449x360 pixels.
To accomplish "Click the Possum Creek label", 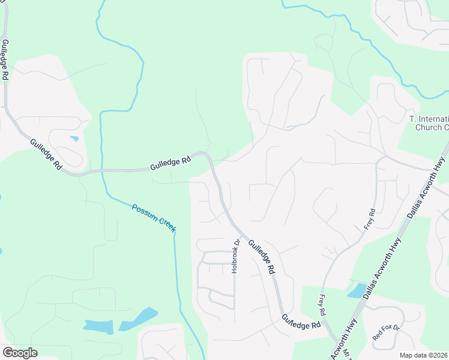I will coord(154,217).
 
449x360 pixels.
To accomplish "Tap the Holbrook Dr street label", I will coord(236,257).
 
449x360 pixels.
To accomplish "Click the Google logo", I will coord(20,353).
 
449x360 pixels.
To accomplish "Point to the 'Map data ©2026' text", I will coord(424,355).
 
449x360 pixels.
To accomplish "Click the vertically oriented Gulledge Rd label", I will coord(4,60).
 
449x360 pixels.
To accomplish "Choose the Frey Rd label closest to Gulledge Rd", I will coord(322,305).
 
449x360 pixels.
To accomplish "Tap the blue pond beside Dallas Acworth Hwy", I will coord(357,291).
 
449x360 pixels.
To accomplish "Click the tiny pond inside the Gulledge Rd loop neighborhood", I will coord(74,139).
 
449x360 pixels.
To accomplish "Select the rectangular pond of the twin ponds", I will coord(98,326).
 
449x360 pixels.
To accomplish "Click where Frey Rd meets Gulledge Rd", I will coord(325,323).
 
